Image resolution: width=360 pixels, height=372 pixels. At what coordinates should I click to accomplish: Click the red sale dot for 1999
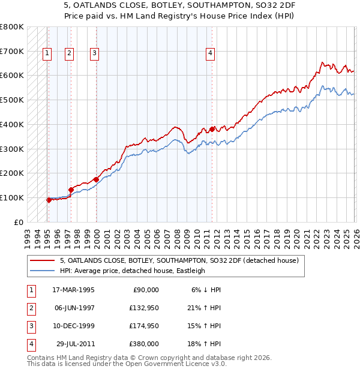pyautogui.click(x=96, y=179)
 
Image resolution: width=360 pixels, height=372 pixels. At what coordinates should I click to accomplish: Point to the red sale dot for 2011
pyautogui.click(x=212, y=129)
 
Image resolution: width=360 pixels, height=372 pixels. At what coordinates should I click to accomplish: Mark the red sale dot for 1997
pyautogui.click(x=71, y=190)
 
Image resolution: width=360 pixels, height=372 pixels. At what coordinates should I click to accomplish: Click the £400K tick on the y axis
pyautogui.click(x=12, y=124)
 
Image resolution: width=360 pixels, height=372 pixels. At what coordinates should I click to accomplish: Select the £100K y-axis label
pyautogui.click(x=12, y=197)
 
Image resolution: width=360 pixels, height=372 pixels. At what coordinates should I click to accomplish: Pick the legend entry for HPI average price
pyautogui.click(x=132, y=271)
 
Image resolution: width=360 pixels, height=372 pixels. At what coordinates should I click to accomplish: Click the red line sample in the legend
pyautogui.click(x=42, y=260)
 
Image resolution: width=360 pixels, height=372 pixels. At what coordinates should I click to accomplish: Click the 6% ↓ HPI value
pyautogui.click(x=206, y=290)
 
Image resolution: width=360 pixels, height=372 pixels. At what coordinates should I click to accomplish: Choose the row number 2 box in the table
pyautogui.click(x=30, y=308)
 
